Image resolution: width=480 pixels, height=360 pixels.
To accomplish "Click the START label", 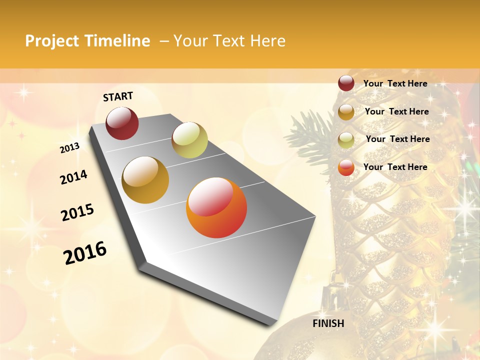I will (x=118, y=96).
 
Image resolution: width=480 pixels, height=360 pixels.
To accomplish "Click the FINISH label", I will (x=328, y=323).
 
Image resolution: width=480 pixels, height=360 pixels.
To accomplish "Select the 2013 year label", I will (x=69, y=147).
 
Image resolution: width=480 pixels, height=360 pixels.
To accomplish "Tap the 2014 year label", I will (x=73, y=177).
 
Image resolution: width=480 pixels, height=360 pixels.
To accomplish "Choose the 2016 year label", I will (x=85, y=253).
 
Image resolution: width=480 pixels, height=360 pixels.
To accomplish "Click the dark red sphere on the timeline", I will (x=122, y=123).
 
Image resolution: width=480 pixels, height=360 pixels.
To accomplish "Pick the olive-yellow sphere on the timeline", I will (x=189, y=140).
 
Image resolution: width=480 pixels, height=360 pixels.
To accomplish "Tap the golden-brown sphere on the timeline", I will (x=145, y=179).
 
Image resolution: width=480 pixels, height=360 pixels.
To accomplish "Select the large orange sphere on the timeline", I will (x=216, y=207).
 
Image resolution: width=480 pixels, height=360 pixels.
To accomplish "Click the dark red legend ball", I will (x=346, y=83).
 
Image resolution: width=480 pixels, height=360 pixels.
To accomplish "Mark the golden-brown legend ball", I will (x=346, y=112).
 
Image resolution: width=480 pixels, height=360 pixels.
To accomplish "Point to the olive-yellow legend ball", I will (x=346, y=140).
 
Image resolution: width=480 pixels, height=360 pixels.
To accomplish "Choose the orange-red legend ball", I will (x=346, y=167).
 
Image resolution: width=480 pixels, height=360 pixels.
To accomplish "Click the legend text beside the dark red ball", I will (x=395, y=83).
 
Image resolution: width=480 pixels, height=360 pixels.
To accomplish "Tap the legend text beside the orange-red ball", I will (x=395, y=167).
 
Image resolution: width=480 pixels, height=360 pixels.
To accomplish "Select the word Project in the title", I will (x=52, y=41).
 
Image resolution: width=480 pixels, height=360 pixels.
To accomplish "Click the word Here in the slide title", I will (x=266, y=41).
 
